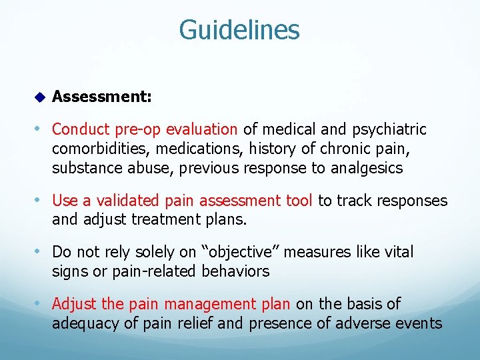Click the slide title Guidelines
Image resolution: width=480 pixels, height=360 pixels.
239,30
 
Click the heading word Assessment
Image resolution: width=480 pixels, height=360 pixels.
101,97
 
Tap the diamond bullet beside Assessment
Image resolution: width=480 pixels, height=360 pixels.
39,98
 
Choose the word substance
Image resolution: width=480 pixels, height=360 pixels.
83,167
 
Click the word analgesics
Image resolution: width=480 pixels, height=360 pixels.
366,167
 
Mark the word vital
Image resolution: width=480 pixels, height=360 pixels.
397,252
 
